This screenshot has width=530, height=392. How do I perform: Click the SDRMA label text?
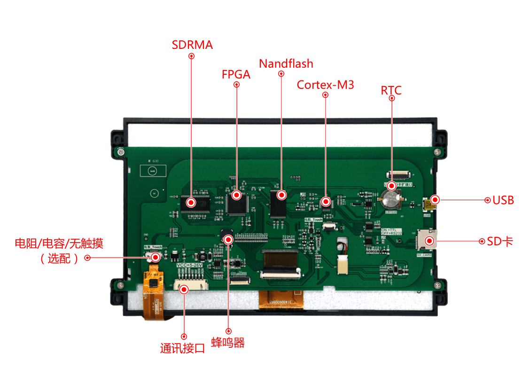192,45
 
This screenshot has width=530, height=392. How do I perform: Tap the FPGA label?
236,74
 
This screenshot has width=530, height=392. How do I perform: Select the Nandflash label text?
286,63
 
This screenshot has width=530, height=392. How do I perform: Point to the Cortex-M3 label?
325,85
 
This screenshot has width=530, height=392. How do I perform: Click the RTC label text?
391,90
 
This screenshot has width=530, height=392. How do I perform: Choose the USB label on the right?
503,200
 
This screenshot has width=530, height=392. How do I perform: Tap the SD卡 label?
500,242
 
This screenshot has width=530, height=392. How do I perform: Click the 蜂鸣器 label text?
228,343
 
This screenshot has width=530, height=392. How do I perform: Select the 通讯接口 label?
183,348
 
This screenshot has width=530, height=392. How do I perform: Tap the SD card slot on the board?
427,239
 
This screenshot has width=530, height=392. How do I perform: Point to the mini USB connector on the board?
429,204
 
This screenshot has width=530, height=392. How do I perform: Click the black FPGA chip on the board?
237,203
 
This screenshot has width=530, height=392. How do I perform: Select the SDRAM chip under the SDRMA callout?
195,203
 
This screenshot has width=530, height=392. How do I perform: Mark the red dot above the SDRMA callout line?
191,55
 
